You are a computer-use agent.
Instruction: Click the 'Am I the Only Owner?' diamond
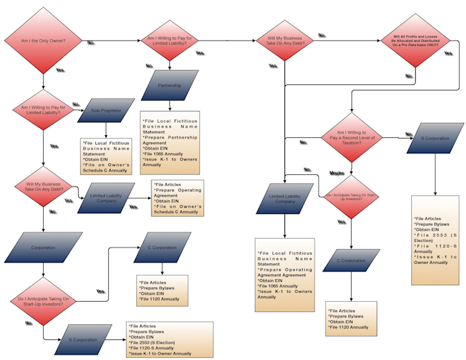click(44, 40)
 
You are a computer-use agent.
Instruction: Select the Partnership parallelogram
click(169, 86)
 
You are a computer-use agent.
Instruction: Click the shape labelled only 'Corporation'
click(44, 247)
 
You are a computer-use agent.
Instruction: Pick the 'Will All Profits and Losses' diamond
click(416, 40)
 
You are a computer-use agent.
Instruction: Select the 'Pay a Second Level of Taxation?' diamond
click(351, 137)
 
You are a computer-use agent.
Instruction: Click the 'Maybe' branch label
click(337, 173)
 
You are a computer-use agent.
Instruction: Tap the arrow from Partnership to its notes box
click(169, 106)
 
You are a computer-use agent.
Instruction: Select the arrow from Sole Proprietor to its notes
click(106, 131)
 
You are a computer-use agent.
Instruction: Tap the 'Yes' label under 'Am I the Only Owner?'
click(60, 71)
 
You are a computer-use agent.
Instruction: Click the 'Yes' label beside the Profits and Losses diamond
click(448, 53)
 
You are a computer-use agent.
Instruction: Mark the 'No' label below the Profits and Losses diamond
click(409, 75)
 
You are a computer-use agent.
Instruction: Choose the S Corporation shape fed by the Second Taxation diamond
click(435, 139)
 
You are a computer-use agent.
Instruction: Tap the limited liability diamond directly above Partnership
click(169, 40)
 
